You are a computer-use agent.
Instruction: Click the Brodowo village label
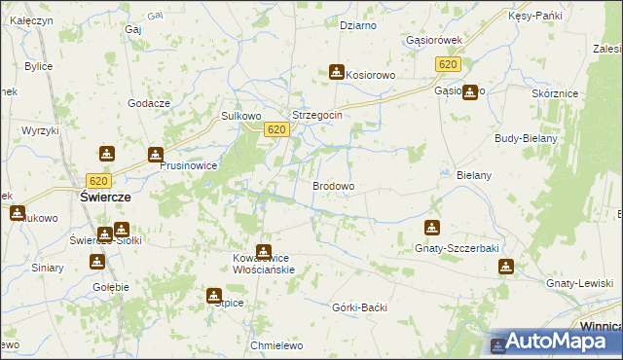click(x=333, y=186)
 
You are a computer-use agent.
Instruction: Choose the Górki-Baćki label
click(x=360, y=307)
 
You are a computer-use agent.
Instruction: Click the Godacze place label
click(x=149, y=104)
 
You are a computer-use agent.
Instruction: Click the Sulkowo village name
click(x=241, y=115)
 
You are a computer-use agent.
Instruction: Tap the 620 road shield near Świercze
click(x=97, y=180)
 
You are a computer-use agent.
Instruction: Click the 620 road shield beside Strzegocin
click(x=276, y=129)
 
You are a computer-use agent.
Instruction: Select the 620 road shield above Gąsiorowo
click(x=447, y=64)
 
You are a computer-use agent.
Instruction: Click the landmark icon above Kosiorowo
click(x=336, y=72)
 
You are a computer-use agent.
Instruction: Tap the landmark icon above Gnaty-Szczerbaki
click(x=431, y=228)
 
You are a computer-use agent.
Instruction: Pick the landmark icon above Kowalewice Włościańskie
click(x=263, y=252)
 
